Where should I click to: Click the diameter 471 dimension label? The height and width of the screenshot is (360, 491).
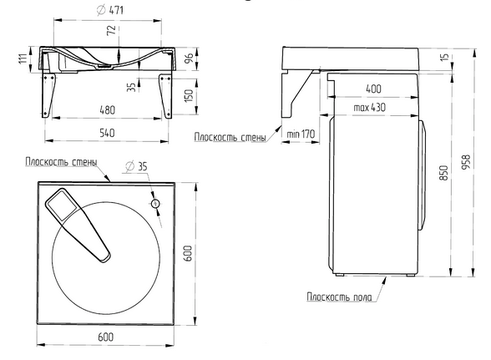(x=110, y=10)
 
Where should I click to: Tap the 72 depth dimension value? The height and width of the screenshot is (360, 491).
(x=112, y=30)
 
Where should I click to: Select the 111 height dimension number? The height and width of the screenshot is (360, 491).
(x=23, y=58)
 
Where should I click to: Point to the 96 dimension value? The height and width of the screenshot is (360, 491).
(x=189, y=58)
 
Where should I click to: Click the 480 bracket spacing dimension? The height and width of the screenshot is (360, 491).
(x=108, y=110)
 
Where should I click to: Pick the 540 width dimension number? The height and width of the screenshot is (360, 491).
(x=107, y=133)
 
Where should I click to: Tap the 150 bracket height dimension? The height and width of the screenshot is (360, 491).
(x=189, y=95)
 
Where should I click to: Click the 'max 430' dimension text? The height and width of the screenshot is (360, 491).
(x=369, y=108)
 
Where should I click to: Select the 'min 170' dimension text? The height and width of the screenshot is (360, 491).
(x=301, y=134)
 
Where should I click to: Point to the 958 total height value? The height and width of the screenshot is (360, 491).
(x=467, y=162)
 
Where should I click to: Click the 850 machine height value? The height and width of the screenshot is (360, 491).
(x=444, y=173)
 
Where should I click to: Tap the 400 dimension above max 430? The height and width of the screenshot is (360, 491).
(x=373, y=89)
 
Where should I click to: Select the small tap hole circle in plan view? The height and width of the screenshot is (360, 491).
(x=155, y=204)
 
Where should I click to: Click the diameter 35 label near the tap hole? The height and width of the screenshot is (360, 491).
(x=136, y=166)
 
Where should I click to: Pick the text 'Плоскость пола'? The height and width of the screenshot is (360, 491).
(x=339, y=297)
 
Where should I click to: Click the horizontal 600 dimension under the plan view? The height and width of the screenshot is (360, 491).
(x=105, y=337)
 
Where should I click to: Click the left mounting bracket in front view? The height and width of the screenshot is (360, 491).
(x=48, y=95)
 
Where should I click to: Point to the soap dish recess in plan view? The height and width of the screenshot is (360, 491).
(x=63, y=205)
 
